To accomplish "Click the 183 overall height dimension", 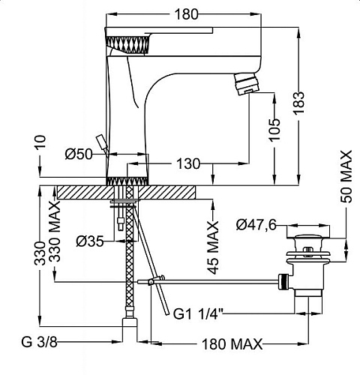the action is tap(299, 103).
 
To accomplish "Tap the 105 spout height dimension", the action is tap(274, 130).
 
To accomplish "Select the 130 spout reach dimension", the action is tap(188, 163).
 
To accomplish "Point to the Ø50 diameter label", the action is tap(79, 154).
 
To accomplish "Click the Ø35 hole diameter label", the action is tap(90, 241).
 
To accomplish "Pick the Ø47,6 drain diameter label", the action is tap(256, 225).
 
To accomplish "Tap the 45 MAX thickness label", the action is tap(213, 247).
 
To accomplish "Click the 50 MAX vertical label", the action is tap(346, 176).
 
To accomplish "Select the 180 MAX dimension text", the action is tap(232, 344).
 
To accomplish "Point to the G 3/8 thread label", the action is tap(39, 342).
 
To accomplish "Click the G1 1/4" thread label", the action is tap(198, 314).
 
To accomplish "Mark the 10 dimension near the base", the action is tap(40, 142).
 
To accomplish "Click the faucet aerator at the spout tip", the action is tap(245, 84).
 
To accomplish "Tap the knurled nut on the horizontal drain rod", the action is tap(283, 281).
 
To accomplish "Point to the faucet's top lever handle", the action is tap(158, 30).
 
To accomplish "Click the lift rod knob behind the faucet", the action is tap(102, 142).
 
